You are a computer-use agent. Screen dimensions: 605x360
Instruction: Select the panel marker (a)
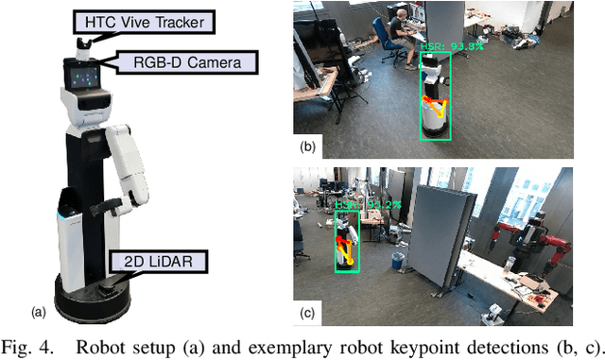(x=39, y=310)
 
